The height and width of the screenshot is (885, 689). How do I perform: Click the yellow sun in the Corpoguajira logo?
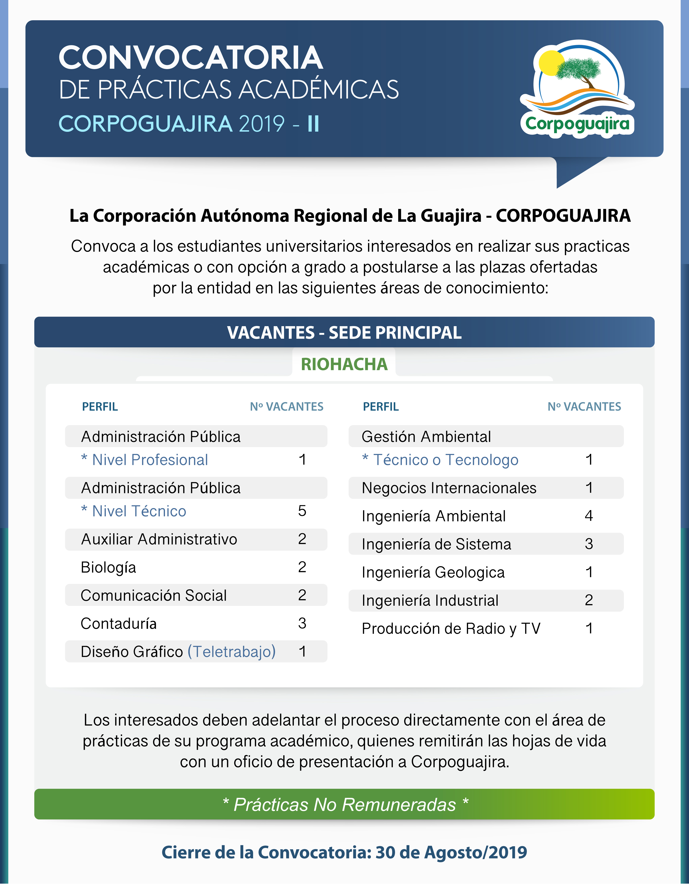click(x=551, y=63)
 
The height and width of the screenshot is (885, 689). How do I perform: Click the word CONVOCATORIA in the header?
click(x=191, y=58)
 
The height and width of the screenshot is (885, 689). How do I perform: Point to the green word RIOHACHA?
click(x=344, y=364)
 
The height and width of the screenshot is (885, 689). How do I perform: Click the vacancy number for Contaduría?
click(x=302, y=623)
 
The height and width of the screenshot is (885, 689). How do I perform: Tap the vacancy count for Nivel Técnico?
click(x=302, y=511)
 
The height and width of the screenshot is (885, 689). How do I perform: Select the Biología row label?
click(x=108, y=567)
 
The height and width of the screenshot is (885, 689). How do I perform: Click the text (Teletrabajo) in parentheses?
click(x=231, y=652)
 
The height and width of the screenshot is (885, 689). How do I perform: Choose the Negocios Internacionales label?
click(x=449, y=488)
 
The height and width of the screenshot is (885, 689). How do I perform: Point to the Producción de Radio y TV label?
click(x=451, y=629)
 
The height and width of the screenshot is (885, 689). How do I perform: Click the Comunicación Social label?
click(x=154, y=595)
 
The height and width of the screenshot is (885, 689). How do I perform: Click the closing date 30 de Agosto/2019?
click(x=451, y=853)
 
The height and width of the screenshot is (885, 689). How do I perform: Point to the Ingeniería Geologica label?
click(x=433, y=572)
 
